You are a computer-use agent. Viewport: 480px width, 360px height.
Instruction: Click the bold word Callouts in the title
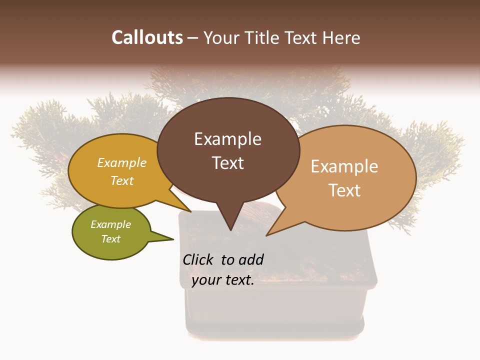click(x=147, y=37)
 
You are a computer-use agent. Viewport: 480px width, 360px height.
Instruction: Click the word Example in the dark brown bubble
click(x=227, y=139)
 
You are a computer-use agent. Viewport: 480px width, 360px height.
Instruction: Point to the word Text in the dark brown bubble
click(x=227, y=163)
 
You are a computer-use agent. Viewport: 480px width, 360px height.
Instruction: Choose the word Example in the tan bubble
click(x=344, y=166)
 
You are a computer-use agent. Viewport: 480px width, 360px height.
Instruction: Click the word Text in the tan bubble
click(x=344, y=190)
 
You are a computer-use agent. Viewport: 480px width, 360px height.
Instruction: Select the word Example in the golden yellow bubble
click(x=122, y=162)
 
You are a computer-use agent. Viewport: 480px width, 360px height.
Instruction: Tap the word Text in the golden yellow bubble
click(x=122, y=180)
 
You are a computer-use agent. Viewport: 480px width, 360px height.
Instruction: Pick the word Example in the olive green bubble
click(x=110, y=224)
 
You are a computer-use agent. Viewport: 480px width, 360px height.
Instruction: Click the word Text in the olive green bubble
click(x=110, y=239)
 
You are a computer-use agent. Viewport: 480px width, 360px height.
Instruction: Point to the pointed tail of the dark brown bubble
click(x=230, y=225)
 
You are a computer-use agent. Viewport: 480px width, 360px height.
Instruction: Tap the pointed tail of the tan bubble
click(x=272, y=231)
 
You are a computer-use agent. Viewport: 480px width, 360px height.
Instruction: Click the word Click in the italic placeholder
click(x=198, y=259)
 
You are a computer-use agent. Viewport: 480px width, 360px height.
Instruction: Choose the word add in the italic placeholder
click(x=251, y=259)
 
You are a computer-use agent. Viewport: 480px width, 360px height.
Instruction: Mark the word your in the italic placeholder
click(x=205, y=280)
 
